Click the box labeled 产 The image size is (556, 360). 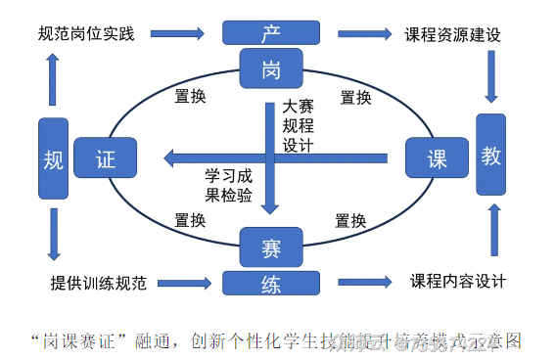click(x=270, y=32)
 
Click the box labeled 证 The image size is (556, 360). click(x=106, y=157)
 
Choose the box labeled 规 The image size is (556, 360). click(x=54, y=160)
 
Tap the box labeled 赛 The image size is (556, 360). click(x=270, y=247)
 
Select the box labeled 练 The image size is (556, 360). click(x=270, y=283)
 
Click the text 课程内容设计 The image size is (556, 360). click(x=457, y=282)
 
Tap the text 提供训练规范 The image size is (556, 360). click(x=98, y=284)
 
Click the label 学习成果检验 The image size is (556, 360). click(x=228, y=185)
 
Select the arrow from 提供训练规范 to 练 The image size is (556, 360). click(x=184, y=283)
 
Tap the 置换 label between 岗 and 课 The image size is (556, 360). click(x=355, y=97)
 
